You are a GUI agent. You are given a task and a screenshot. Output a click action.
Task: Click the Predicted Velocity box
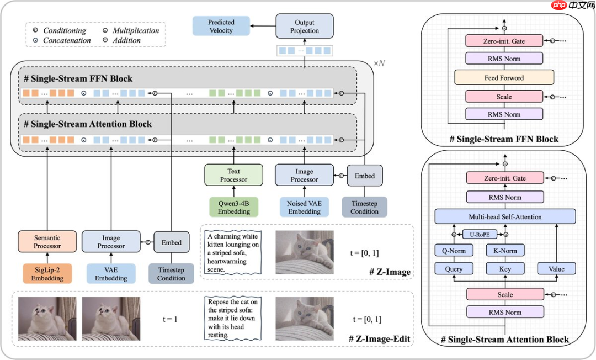(x=221, y=27)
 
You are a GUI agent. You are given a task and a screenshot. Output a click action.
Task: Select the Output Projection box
(x=305, y=27)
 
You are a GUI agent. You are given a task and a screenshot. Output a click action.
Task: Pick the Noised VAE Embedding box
(x=304, y=207)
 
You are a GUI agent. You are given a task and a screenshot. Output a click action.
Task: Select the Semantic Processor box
(x=47, y=242)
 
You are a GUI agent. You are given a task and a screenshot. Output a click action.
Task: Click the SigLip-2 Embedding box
(x=47, y=274)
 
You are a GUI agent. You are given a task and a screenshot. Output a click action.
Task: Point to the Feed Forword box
(x=504, y=77)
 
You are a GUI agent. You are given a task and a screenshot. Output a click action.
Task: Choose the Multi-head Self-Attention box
(x=505, y=216)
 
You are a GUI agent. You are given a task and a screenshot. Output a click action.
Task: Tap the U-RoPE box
(x=480, y=234)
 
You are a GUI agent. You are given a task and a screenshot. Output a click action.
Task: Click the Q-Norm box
(x=454, y=251)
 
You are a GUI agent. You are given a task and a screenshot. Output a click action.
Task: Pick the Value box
(x=556, y=269)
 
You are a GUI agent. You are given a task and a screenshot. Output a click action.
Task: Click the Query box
(x=454, y=269)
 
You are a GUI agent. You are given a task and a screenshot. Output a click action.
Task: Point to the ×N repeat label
(x=379, y=63)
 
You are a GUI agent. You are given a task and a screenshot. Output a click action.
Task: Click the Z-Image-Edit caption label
(x=381, y=338)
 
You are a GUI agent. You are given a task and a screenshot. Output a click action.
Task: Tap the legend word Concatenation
(x=67, y=40)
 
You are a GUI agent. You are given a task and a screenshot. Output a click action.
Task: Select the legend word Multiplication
(x=136, y=30)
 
